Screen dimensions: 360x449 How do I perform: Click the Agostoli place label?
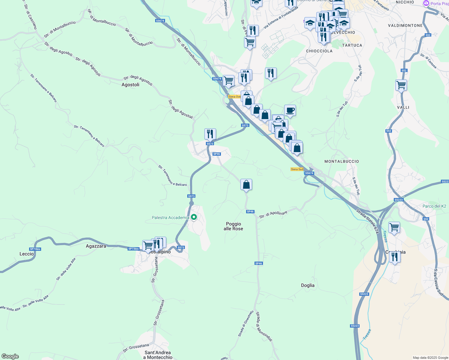[x=130, y=85]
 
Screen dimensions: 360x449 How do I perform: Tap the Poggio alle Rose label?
[x=234, y=226]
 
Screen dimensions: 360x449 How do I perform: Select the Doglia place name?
[x=308, y=285]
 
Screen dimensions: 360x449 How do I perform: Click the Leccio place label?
[x=27, y=254]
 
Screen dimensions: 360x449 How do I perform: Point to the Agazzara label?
[x=96, y=246]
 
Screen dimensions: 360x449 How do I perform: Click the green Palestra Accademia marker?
[x=194, y=217]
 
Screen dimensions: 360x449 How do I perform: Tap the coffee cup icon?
[x=290, y=110]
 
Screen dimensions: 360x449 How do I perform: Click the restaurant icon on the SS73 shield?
[x=210, y=134]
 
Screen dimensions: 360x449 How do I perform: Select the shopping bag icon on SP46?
[x=246, y=184]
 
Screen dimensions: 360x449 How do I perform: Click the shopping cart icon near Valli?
[x=401, y=85]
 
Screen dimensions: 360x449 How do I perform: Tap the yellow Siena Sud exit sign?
[x=297, y=169]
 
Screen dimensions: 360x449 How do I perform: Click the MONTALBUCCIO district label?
[x=342, y=161]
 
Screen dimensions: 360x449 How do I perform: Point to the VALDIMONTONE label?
[x=405, y=25]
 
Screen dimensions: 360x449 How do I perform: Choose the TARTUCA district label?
[x=352, y=45]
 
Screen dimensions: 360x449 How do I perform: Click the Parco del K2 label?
[x=434, y=206]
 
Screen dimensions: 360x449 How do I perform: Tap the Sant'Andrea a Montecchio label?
[x=158, y=355]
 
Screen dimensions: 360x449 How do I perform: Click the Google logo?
[x=10, y=356]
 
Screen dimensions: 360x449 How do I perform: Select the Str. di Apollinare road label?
[x=273, y=214]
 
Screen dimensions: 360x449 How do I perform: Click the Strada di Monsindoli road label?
[x=264, y=326]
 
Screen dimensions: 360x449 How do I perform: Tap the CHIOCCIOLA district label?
[x=319, y=51]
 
